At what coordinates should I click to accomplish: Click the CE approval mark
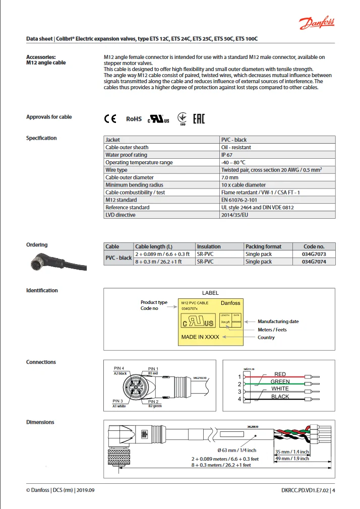110,119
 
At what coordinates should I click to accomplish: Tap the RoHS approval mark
134,119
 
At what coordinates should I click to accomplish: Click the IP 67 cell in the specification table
226,155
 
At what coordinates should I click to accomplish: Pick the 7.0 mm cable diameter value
230,177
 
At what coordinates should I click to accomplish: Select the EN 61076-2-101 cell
241,200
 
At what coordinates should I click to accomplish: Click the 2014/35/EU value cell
235,215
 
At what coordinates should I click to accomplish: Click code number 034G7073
314,254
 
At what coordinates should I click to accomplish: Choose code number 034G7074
314,262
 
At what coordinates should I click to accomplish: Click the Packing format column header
263,246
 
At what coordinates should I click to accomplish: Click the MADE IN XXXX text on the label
200,337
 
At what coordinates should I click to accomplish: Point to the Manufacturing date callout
278,322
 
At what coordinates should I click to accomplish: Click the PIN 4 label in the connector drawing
119,368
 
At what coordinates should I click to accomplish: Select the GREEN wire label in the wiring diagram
280,381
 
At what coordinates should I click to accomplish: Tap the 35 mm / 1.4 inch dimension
291,452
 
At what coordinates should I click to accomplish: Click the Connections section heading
41,362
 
